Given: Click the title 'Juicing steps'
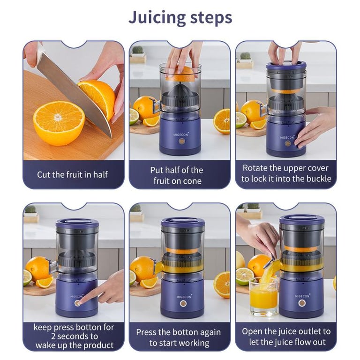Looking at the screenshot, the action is coord(180,18).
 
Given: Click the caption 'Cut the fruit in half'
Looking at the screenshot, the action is coord(72,175).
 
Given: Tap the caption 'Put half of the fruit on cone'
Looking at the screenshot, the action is coord(177,176).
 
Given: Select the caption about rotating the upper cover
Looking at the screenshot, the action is coord(286,173).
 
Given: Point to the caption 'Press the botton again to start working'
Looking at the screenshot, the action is coord(179,337).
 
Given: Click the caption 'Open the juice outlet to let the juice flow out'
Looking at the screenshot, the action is coord(286,337).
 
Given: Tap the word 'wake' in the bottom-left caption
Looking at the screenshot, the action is coord(45,345).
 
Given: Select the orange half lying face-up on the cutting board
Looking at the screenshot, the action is coord(59,123).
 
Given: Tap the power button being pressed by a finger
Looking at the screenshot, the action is coord(78,303).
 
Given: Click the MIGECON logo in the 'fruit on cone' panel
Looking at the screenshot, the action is coord(180,135).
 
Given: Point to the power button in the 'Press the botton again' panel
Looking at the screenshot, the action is coord(183,304).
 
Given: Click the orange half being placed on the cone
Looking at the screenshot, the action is coord(180,74).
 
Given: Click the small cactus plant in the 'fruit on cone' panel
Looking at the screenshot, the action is coord(137,50).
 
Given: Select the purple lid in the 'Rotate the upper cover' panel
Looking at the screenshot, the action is coord(286,66).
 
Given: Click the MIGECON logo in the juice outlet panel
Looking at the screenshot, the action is coord(302,296).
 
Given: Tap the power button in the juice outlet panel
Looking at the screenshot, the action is coord(302,304).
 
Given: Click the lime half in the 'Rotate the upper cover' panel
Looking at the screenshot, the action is coord(240,120).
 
